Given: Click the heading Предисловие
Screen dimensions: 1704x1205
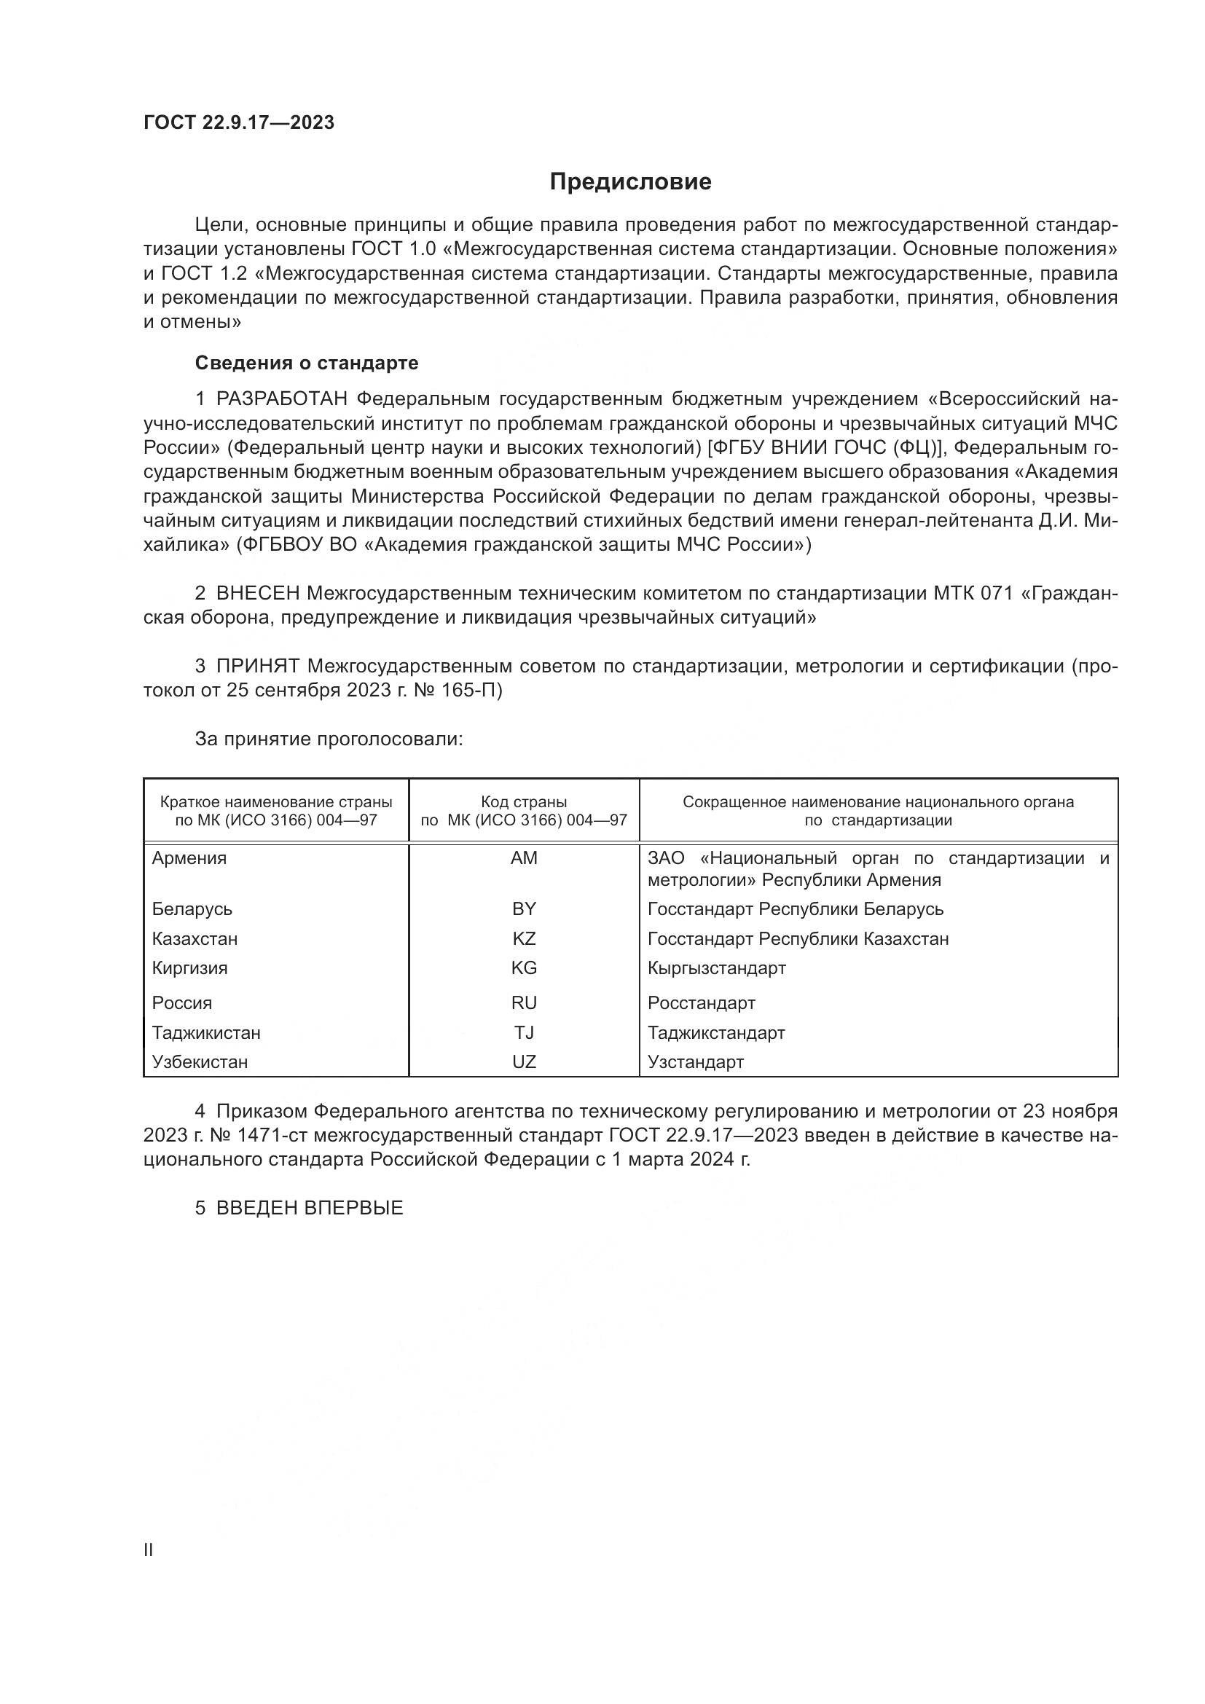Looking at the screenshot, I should (630, 182).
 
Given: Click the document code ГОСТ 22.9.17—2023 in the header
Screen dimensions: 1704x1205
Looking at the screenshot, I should (239, 122).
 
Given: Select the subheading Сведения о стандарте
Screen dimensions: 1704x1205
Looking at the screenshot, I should (307, 363).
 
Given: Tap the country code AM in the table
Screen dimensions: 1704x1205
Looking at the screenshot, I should (524, 858).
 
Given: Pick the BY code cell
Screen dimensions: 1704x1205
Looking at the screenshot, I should (524, 909).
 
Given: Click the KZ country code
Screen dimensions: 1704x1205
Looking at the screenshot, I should (524, 939).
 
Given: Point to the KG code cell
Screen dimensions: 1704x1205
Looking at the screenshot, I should (524, 967).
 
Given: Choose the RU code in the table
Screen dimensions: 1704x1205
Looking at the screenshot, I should (524, 1003).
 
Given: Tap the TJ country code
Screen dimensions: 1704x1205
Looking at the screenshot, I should (524, 1032).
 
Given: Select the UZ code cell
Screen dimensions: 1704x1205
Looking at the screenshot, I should (524, 1062).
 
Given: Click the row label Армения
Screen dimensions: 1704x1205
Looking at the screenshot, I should (189, 858).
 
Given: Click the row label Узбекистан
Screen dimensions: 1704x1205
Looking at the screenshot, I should (200, 1062).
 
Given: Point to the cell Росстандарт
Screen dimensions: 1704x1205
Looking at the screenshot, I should (701, 1003).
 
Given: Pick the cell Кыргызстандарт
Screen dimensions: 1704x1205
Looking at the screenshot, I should (716, 967).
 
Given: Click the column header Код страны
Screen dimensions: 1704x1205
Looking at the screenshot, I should (524, 802).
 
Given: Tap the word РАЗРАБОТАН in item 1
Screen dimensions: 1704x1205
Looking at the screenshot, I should (281, 399).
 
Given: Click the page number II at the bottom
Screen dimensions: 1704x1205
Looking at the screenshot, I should (149, 1550).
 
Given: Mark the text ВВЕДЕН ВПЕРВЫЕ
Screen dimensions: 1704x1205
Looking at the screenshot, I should (310, 1208).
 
